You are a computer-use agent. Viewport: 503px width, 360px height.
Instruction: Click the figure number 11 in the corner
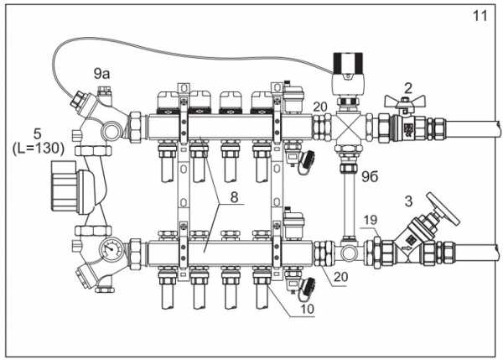(480, 15)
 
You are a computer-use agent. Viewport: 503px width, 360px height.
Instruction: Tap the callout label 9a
(101, 74)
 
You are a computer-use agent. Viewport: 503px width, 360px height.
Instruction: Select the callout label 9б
(370, 176)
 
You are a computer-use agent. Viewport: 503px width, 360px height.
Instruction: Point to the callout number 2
(407, 88)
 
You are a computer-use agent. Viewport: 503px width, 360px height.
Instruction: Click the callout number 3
(408, 201)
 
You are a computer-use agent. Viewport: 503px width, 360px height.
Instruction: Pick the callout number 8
(234, 197)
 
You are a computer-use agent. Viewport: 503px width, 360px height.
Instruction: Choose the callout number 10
(307, 309)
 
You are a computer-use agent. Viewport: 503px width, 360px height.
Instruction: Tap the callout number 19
(370, 220)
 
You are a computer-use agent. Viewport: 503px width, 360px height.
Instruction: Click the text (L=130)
(39, 149)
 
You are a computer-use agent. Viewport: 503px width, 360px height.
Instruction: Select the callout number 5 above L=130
(38, 133)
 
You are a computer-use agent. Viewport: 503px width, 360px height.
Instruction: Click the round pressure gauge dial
(111, 249)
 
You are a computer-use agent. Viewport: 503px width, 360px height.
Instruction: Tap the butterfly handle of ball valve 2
(405, 102)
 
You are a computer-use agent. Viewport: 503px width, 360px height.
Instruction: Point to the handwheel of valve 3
(443, 209)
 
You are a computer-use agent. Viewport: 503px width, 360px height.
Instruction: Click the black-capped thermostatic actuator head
(348, 74)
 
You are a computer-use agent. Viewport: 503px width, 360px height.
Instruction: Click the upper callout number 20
(320, 107)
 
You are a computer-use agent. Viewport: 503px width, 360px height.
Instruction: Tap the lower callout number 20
(340, 276)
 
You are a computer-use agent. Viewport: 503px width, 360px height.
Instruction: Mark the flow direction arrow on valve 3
(406, 248)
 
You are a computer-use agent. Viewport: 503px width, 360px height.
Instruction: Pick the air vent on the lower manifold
(293, 223)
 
